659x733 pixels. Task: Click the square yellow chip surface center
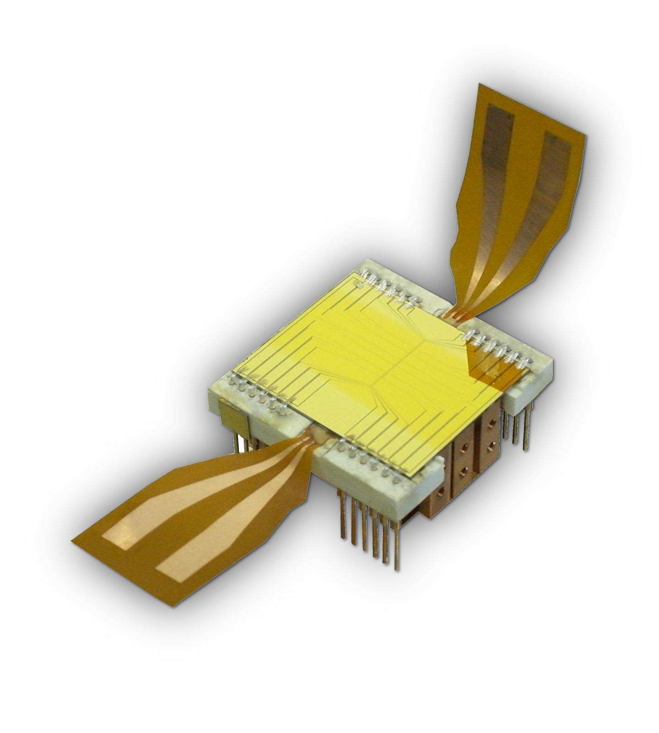pyautogui.click(x=366, y=361)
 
